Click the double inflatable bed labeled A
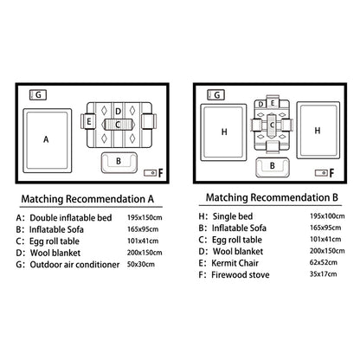tap(48, 141)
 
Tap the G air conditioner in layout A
tap(38, 95)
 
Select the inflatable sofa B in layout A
tap(119, 163)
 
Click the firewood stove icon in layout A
tap(150, 173)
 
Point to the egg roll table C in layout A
tap(118, 125)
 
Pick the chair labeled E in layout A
tap(88, 121)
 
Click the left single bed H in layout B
tap(223, 132)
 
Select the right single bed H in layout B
tap(318, 130)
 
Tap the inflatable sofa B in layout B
tap(273, 167)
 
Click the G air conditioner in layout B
tap(215, 95)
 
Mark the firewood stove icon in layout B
tap(321, 173)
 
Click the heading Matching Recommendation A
tap(87, 199)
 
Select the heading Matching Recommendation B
tap(272, 197)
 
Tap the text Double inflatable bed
tap(71, 218)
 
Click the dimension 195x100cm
tap(327, 216)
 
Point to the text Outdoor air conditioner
tap(74, 265)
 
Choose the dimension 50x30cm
tap(141, 264)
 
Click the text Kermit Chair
tap(235, 263)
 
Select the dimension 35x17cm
tap(323, 274)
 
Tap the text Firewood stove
tap(241, 275)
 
